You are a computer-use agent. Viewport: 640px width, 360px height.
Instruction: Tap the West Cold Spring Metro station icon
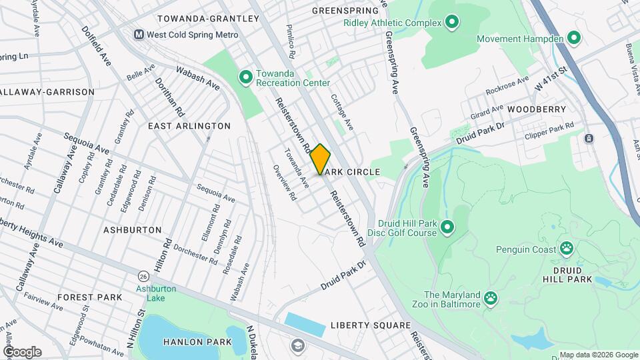click(139, 34)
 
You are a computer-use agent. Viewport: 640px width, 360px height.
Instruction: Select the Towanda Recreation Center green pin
click(245, 78)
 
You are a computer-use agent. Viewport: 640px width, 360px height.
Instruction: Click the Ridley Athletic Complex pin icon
click(452, 23)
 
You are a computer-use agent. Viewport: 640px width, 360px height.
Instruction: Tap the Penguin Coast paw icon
click(567, 249)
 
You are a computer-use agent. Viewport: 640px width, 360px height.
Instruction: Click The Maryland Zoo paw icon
click(491, 297)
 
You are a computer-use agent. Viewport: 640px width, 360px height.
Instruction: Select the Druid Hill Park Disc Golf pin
click(447, 228)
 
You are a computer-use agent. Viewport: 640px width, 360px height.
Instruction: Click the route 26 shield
click(143, 275)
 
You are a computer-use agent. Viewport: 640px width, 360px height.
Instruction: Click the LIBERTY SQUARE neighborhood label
click(370, 325)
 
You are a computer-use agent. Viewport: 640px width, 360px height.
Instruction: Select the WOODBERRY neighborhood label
click(536, 109)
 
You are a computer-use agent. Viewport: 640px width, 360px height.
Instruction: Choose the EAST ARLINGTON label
click(189, 126)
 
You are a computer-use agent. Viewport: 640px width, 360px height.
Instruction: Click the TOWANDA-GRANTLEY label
click(207, 19)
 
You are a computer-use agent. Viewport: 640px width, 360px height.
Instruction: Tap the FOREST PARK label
click(90, 297)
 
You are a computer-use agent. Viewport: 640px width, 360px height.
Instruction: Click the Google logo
click(22, 352)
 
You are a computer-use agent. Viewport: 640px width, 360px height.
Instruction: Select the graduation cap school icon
click(297, 345)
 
